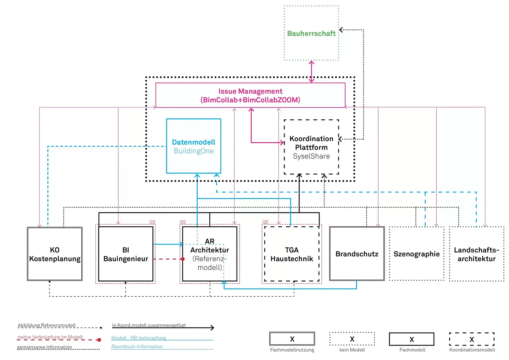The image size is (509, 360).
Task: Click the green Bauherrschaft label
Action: tap(311, 33)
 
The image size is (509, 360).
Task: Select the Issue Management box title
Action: tap(250, 95)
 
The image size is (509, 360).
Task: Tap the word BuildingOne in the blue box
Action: tap(194, 151)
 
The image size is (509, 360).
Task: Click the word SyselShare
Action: tap(311, 156)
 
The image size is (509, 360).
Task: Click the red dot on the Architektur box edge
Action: tap(183, 259)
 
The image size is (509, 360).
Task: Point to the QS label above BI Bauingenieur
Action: tap(152, 222)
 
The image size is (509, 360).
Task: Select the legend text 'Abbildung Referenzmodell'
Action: tap(47, 325)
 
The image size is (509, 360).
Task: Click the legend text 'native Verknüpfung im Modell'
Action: tap(50, 337)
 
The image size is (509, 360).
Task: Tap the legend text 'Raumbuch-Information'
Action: tap(137, 347)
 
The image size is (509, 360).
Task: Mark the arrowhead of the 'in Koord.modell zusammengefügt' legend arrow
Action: tap(212, 328)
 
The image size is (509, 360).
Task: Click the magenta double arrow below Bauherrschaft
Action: tap(311, 71)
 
